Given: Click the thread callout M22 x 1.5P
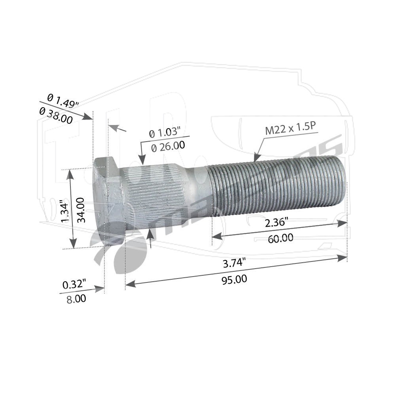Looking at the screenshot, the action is [x=290, y=129].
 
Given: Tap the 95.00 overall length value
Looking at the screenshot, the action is [x=234, y=280].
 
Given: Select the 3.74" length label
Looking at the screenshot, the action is [x=234, y=263].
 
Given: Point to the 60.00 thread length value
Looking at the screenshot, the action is [x=280, y=238].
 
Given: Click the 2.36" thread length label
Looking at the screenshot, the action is [x=277, y=222].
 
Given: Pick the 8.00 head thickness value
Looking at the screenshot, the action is [x=76, y=299].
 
